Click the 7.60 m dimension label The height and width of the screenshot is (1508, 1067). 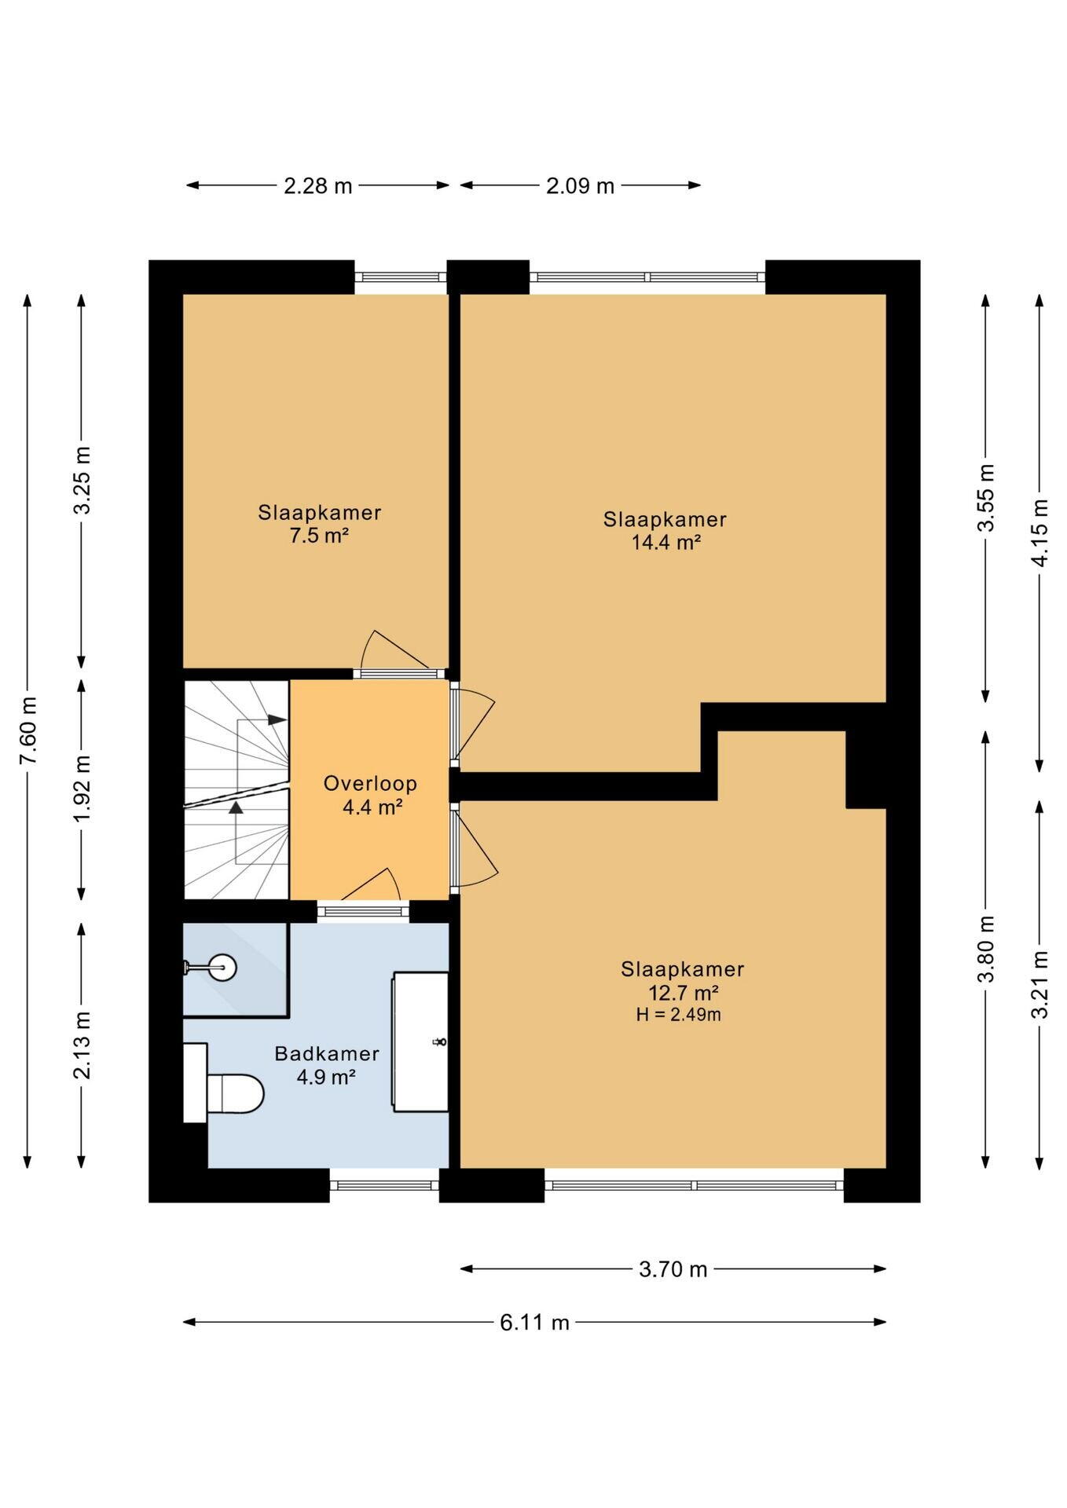[x=27, y=730]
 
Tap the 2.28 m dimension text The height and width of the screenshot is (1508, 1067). [x=317, y=186]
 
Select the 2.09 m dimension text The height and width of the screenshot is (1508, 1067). [x=580, y=186]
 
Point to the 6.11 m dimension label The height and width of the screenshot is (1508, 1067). [x=534, y=1323]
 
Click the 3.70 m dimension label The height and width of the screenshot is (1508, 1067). [x=673, y=1269]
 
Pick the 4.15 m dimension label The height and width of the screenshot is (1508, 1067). [x=1039, y=533]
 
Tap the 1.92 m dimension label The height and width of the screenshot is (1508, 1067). [x=82, y=788]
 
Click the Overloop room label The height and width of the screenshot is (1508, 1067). [x=370, y=783]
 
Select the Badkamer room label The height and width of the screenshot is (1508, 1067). [x=327, y=1054]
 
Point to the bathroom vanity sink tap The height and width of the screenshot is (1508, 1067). [x=440, y=1042]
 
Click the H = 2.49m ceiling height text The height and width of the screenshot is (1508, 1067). [x=678, y=1015]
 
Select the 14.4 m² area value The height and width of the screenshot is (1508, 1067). [x=666, y=542]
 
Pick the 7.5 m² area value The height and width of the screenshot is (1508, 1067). [x=319, y=536]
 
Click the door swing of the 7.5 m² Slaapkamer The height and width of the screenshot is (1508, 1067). [x=395, y=650]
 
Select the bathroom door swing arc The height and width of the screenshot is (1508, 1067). [x=372, y=884]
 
